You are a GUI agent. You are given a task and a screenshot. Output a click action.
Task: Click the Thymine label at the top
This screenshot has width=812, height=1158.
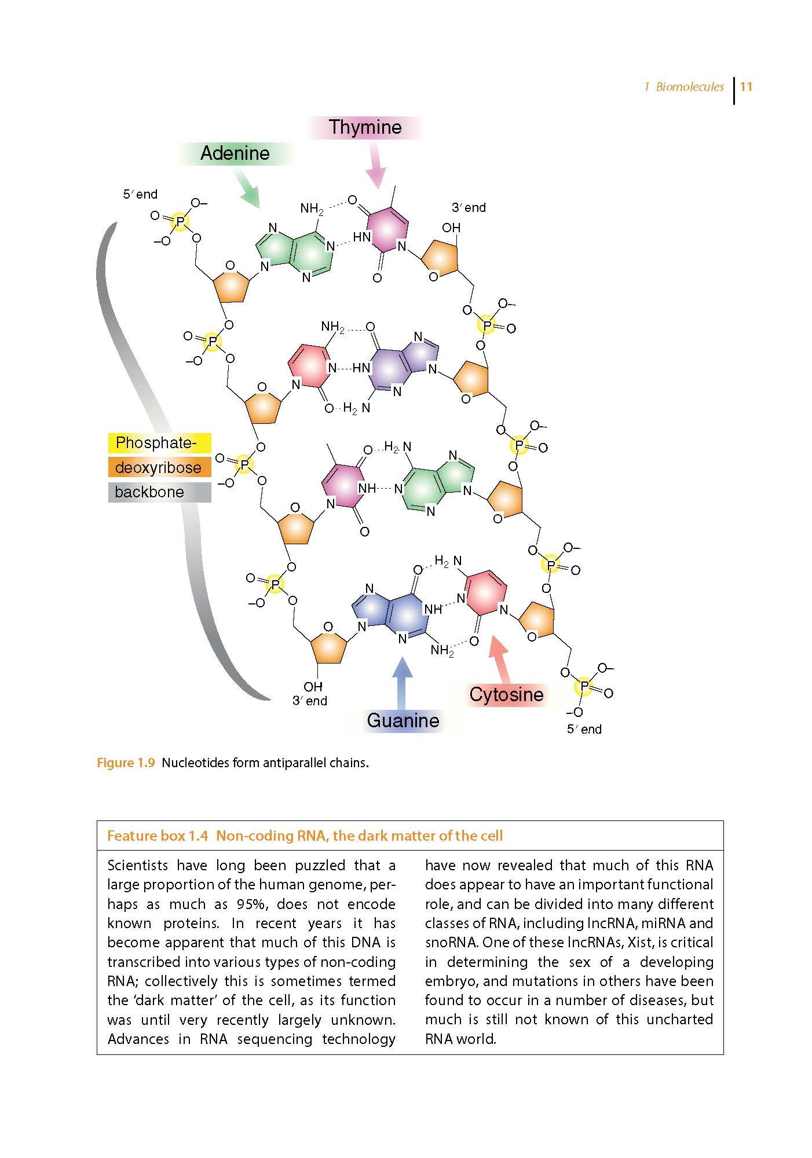pos(365,127)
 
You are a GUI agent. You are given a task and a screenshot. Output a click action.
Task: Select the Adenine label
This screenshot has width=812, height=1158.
pos(235,153)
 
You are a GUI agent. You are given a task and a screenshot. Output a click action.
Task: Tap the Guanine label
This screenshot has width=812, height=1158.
pos(403,721)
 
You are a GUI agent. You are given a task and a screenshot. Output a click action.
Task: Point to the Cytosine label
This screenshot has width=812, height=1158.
pos(506,695)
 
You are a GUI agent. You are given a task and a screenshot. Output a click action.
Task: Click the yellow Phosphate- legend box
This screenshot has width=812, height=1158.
pos(159,443)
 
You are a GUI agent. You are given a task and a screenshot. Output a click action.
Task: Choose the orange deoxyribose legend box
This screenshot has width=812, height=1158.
pos(159,467)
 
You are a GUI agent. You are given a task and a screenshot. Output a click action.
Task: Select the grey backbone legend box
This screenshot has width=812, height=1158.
pos(159,492)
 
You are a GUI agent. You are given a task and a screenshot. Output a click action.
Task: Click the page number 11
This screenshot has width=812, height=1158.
pos(746,87)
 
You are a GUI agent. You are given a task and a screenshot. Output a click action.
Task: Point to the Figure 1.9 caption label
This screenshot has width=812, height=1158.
pos(126,763)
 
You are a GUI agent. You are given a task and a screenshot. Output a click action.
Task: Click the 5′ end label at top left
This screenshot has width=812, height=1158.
pos(140,195)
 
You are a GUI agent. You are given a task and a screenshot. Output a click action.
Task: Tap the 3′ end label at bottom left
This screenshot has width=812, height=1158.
pos(310,701)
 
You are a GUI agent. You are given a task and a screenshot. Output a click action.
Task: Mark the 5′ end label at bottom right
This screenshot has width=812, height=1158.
pos(584,730)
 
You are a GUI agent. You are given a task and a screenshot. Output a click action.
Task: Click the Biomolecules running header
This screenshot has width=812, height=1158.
pos(689,87)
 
